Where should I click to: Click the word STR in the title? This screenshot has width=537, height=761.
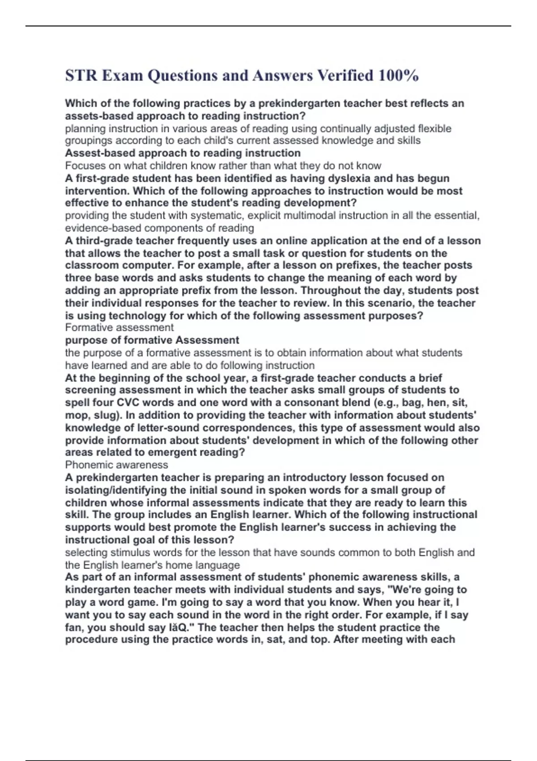point(81,75)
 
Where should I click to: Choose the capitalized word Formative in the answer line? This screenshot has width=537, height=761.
point(90,328)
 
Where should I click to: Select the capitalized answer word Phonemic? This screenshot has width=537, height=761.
point(89,465)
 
